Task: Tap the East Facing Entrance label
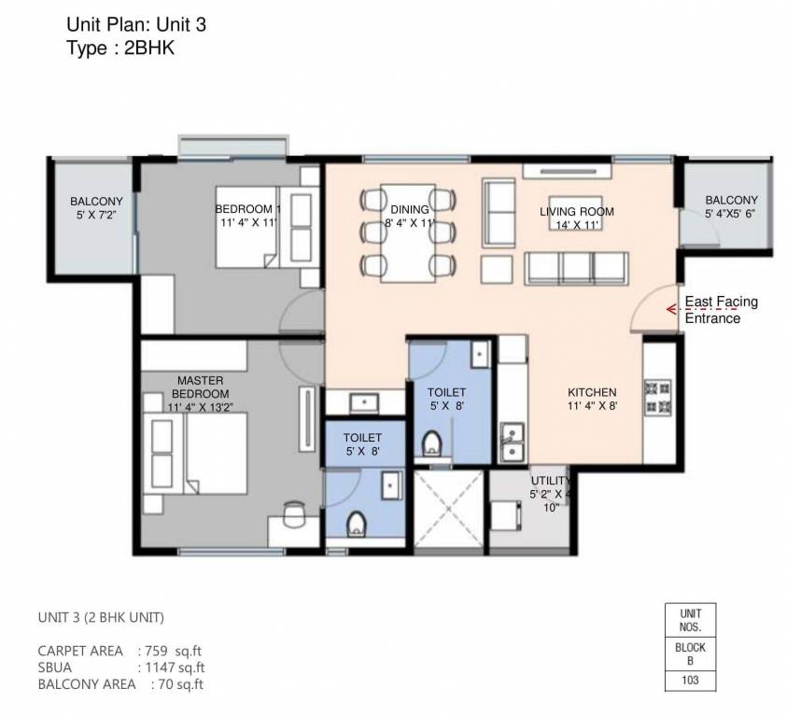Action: [x=721, y=310]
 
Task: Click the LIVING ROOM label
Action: [x=576, y=212]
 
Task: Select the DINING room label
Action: [x=410, y=209]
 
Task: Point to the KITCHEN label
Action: [x=592, y=392]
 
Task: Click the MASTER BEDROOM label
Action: [x=199, y=387]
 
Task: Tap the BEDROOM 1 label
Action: [x=247, y=209]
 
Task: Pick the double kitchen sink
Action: [x=511, y=442]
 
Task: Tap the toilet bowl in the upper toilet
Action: [x=432, y=443]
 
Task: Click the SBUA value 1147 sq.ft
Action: [x=174, y=667]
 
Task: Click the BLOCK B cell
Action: [x=690, y=654]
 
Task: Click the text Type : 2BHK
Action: [x=120, y=49]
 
